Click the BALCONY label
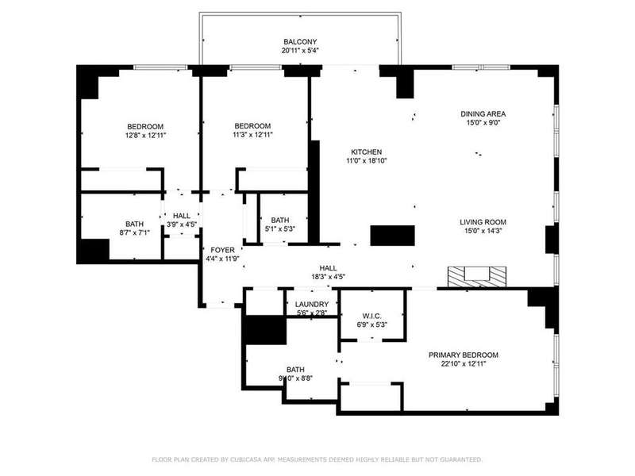300,42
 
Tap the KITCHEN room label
366,152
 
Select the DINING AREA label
483,113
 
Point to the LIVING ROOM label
483,222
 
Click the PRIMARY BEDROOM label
464,355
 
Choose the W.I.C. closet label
371,316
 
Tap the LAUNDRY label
312,305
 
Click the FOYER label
222,250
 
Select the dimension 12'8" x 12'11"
145,135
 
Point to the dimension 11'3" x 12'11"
252,135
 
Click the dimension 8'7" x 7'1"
135,232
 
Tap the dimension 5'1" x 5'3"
280,228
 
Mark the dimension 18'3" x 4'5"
328,277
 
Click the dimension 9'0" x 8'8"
295,378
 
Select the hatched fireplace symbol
477,277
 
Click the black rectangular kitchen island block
393,236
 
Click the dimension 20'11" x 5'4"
300,51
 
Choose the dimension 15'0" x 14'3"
483,231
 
